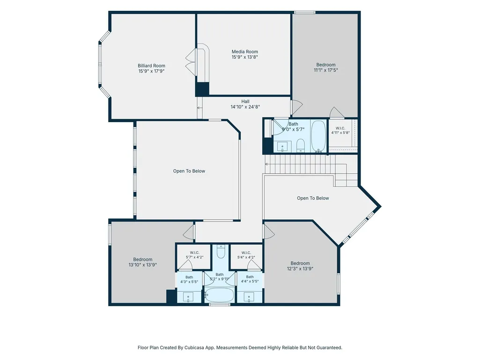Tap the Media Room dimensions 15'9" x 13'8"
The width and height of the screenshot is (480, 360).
point(244,57)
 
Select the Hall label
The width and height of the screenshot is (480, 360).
point(245,101)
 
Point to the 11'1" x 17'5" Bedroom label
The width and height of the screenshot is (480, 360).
point(326,67)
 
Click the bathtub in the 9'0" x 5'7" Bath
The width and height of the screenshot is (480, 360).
point(319,136)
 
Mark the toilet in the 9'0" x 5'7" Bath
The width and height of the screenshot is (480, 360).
point(301,145)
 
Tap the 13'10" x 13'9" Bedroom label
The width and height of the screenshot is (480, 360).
point(143,262)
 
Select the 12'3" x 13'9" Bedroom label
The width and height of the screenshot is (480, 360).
point(300,266)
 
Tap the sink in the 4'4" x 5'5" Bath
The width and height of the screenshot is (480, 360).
point(250,297)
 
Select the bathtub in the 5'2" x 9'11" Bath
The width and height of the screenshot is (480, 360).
point(219,295)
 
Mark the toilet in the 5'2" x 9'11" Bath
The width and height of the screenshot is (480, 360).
point(221,251)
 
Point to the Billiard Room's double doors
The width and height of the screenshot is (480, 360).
point(191,62)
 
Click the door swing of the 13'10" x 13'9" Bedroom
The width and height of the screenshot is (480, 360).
point(189,232)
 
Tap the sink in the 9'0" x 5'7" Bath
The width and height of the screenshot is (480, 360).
point(282,147)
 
